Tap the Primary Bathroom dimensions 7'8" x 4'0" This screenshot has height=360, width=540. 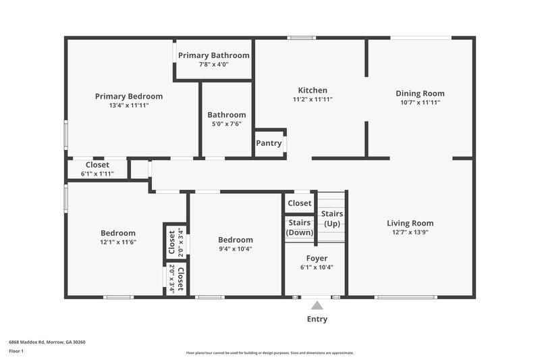coord(213,65)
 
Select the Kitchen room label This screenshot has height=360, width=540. coord(313,91)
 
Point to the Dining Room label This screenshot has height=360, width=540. coord(420,94)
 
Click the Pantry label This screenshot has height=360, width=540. coord(269,143)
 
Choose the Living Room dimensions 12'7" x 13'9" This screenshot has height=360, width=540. coord(410,232)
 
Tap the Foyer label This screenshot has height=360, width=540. coord(317,258)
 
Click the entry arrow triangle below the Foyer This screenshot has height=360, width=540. coord(317,305)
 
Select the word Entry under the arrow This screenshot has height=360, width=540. coord(317,319)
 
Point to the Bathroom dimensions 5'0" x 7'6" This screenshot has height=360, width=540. coord(226,124)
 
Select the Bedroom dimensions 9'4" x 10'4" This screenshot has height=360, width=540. coord(236,249)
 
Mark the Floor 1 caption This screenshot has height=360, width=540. coord(16,351)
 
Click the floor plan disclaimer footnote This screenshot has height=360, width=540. coord(269,353)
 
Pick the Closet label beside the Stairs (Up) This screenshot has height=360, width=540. coord(300,203)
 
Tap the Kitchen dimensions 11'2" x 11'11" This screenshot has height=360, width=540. coord(313,99)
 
